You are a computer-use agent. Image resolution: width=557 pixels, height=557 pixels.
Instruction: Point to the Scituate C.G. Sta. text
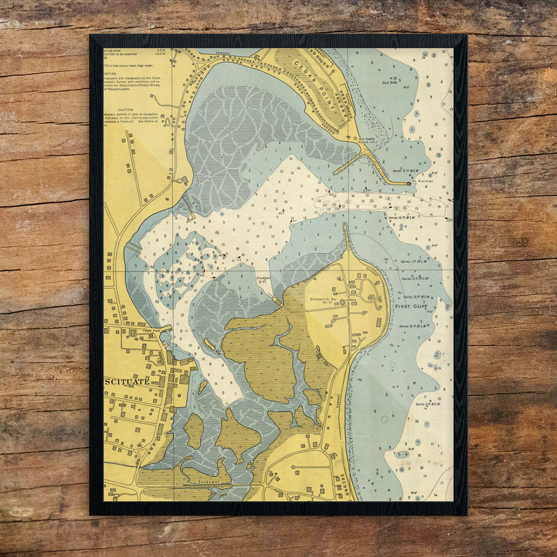[323, 299]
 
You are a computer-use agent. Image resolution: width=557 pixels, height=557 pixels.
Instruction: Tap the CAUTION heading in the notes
[125, 110]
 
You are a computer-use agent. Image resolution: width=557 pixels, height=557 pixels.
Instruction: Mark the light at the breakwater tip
[408, 183]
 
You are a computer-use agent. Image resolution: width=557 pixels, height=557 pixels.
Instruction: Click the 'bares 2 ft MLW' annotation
[427, 404]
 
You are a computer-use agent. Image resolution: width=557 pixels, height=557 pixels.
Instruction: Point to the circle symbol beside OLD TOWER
[355, 138]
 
